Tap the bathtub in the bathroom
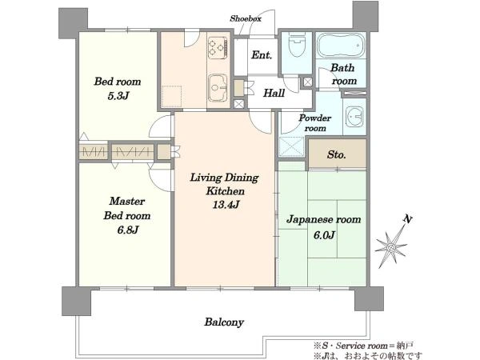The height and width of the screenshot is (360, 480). coord(341,46)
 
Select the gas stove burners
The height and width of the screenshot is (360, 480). coord(218,48)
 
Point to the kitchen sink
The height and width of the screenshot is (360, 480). coord(218,88)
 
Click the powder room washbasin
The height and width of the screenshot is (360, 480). coord(354,117)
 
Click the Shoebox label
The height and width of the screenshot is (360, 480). coord(246,18)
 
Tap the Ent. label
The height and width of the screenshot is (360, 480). coord(262,55)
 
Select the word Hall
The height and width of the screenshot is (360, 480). coord(274,93)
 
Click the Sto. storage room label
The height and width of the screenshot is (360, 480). coord(337,154)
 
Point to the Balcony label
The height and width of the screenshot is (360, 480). coord(224,322)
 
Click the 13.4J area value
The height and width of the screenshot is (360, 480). coord(226,205)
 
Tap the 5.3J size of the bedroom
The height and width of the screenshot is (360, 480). coord(118,96)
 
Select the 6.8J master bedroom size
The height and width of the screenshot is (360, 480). coord(128,230)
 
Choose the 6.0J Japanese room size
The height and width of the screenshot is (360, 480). coord(324,235)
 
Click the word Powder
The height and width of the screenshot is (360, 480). coord(315,118)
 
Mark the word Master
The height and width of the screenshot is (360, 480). coord(127,201)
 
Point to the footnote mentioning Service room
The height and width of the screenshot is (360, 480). coord(363,346)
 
